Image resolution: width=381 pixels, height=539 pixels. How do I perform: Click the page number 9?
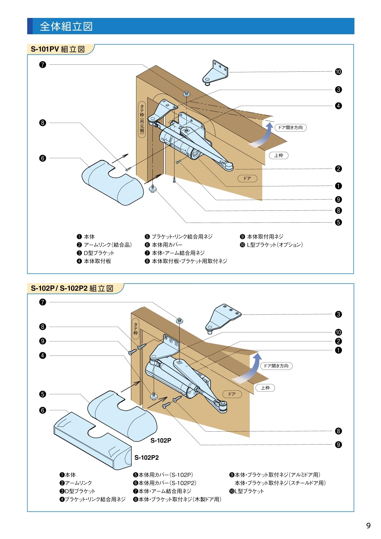pyautogui.click(x=368, y=526)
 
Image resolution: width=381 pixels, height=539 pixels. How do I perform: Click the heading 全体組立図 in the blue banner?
pyautogui.click(x=66, y=26)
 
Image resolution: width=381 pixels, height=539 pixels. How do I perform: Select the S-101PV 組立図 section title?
pyautogui.click(x=58, y=49)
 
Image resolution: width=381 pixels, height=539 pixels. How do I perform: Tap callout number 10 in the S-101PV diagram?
pyautogui.click(x=338, y=72)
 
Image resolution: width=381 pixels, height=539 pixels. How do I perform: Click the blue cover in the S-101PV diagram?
pyautogui.click(x=113, y=183)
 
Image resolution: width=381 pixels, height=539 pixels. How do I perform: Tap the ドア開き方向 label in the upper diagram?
pyautogui.click(x=290, y=127)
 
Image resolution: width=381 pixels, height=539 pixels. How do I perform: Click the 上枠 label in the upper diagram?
pyautogui.click(x=279, y=155)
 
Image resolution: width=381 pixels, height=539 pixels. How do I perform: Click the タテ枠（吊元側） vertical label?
pyautogui.click(x=142, y=119)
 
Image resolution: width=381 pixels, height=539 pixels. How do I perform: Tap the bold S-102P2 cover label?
pyautogui.click(x=147, y=457)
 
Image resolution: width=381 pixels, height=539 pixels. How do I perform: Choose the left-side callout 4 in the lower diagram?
pyautogui.click(x=43, y=355)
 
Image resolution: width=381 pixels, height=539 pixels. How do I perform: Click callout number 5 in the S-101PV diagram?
pyautogui.click(x=338, y=222)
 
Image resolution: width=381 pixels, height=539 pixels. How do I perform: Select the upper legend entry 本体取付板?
pyautogui.click(x=94, y=261)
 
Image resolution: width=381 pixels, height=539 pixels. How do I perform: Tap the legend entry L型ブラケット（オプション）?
pyautogui.click(x=271, y=245)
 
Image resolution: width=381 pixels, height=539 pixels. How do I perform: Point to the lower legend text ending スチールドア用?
pyautogui.click(x=280, y=483)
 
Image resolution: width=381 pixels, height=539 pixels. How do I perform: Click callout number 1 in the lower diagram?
pyautogui.click(x=338, y=350)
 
